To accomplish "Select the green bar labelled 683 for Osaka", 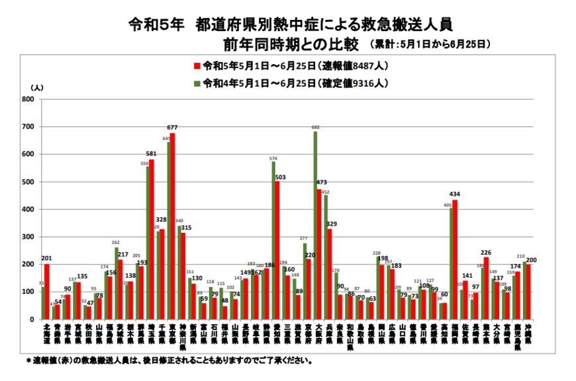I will [x=315, y=225].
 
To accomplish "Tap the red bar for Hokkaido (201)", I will [x=47, y=292].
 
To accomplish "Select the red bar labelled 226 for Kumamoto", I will [x=486, y=288].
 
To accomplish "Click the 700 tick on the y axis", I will [x=28, y=127].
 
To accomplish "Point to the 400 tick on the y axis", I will [x=28, y=210].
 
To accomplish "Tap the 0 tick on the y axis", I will [x=32, y=319].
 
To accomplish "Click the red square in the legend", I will [x=197, y=65].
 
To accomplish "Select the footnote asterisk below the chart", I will [x=28, y=361].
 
